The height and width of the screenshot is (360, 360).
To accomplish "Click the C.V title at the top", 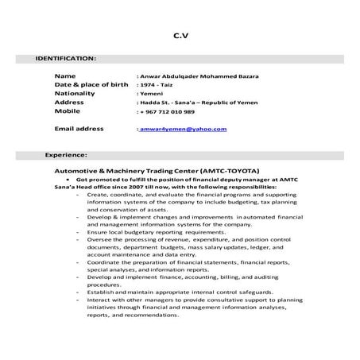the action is [180, 35].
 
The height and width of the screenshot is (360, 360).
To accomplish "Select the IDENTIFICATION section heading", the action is [67, 58].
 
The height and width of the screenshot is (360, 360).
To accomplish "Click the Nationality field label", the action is [75, 93].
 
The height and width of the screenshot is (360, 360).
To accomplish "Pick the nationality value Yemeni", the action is [152, 94].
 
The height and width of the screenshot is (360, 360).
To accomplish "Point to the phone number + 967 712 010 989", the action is [170, 111].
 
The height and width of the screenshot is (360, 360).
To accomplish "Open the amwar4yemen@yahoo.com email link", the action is [184, 129].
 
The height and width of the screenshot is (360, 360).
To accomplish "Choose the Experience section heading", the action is [66, 154].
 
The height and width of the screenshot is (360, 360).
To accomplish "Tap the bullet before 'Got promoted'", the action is [68, 180].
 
